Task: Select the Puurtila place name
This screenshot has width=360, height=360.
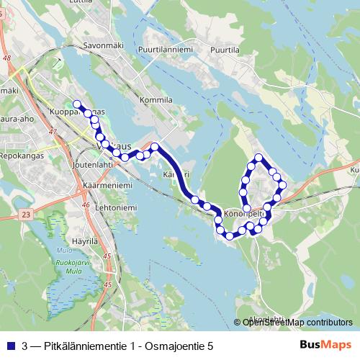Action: coord(225,50)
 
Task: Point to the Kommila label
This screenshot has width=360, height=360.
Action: coord(158,100)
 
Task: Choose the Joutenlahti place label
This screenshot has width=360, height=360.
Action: coord(93,165)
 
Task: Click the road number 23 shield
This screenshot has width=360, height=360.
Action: coord(27,215)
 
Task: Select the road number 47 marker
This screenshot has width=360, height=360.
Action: coord(53,132)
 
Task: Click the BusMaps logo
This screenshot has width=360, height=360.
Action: coord(325,344)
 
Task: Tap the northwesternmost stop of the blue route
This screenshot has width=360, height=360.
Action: coord(76,104)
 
